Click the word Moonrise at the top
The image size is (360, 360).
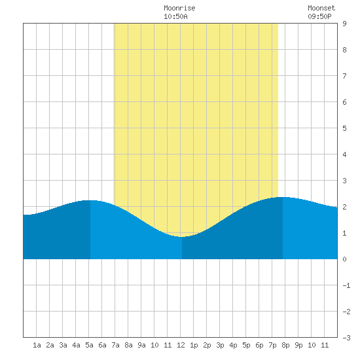pos(179,8)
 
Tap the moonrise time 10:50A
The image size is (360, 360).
pos(175,16)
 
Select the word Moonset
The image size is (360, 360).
pos(321,8)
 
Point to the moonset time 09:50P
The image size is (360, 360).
pos(319,16)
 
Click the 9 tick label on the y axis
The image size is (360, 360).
pos(344,24)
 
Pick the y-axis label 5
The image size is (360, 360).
pos(344,128)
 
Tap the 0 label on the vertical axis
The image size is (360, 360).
pos(344,259)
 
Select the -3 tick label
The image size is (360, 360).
pos(346,338)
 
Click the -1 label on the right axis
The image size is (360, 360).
pos(346,285)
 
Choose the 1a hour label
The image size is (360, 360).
pos(37,345)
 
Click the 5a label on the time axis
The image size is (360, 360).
pos(89,345)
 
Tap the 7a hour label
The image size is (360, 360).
pos(115,345)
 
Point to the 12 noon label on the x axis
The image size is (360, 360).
pos(181,345)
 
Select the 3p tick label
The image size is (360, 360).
pos(220,345)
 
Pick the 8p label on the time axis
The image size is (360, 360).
pos(285,345)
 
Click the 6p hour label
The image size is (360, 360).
pos(259,345)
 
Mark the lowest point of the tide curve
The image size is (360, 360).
pos(181,237)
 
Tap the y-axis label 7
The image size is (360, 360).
pos(344,76)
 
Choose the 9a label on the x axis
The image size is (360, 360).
pos(141,345)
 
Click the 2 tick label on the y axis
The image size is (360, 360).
pos(344,207)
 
